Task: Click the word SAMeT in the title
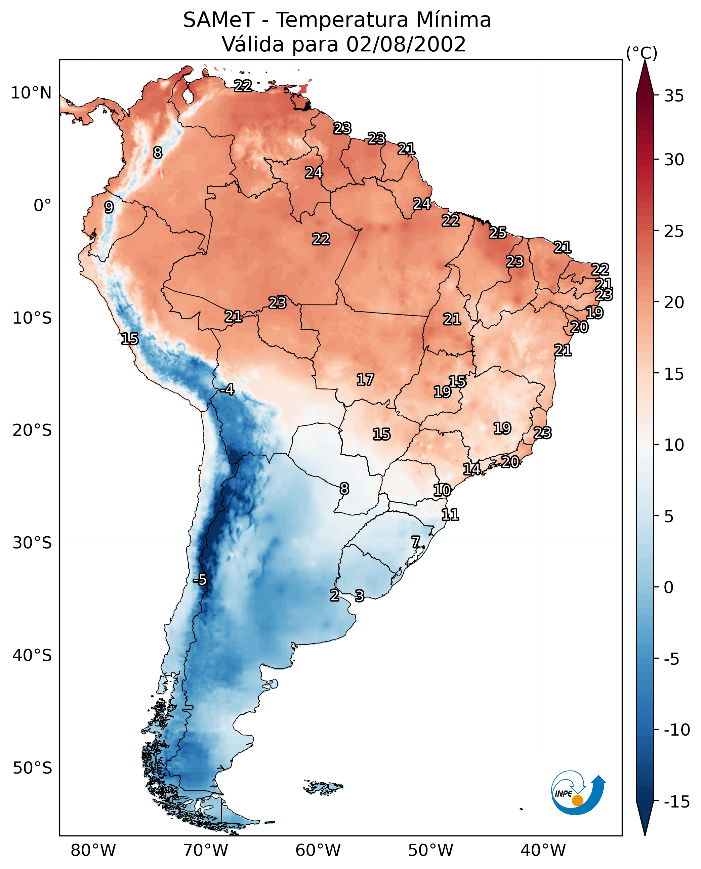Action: (218, 20)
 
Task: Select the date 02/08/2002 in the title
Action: (406, 44)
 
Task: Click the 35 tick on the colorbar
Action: (674, 96)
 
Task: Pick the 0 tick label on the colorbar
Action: (669, 587)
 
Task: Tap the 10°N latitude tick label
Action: (31, 93)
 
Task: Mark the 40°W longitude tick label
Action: (543, 851)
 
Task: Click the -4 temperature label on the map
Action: (228, 390)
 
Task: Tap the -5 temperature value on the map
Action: (200, 580)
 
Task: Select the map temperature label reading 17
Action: (365, 380)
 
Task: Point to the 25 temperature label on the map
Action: (498, 233)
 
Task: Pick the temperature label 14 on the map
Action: (471, 469)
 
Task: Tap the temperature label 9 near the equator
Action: (109, 207)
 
